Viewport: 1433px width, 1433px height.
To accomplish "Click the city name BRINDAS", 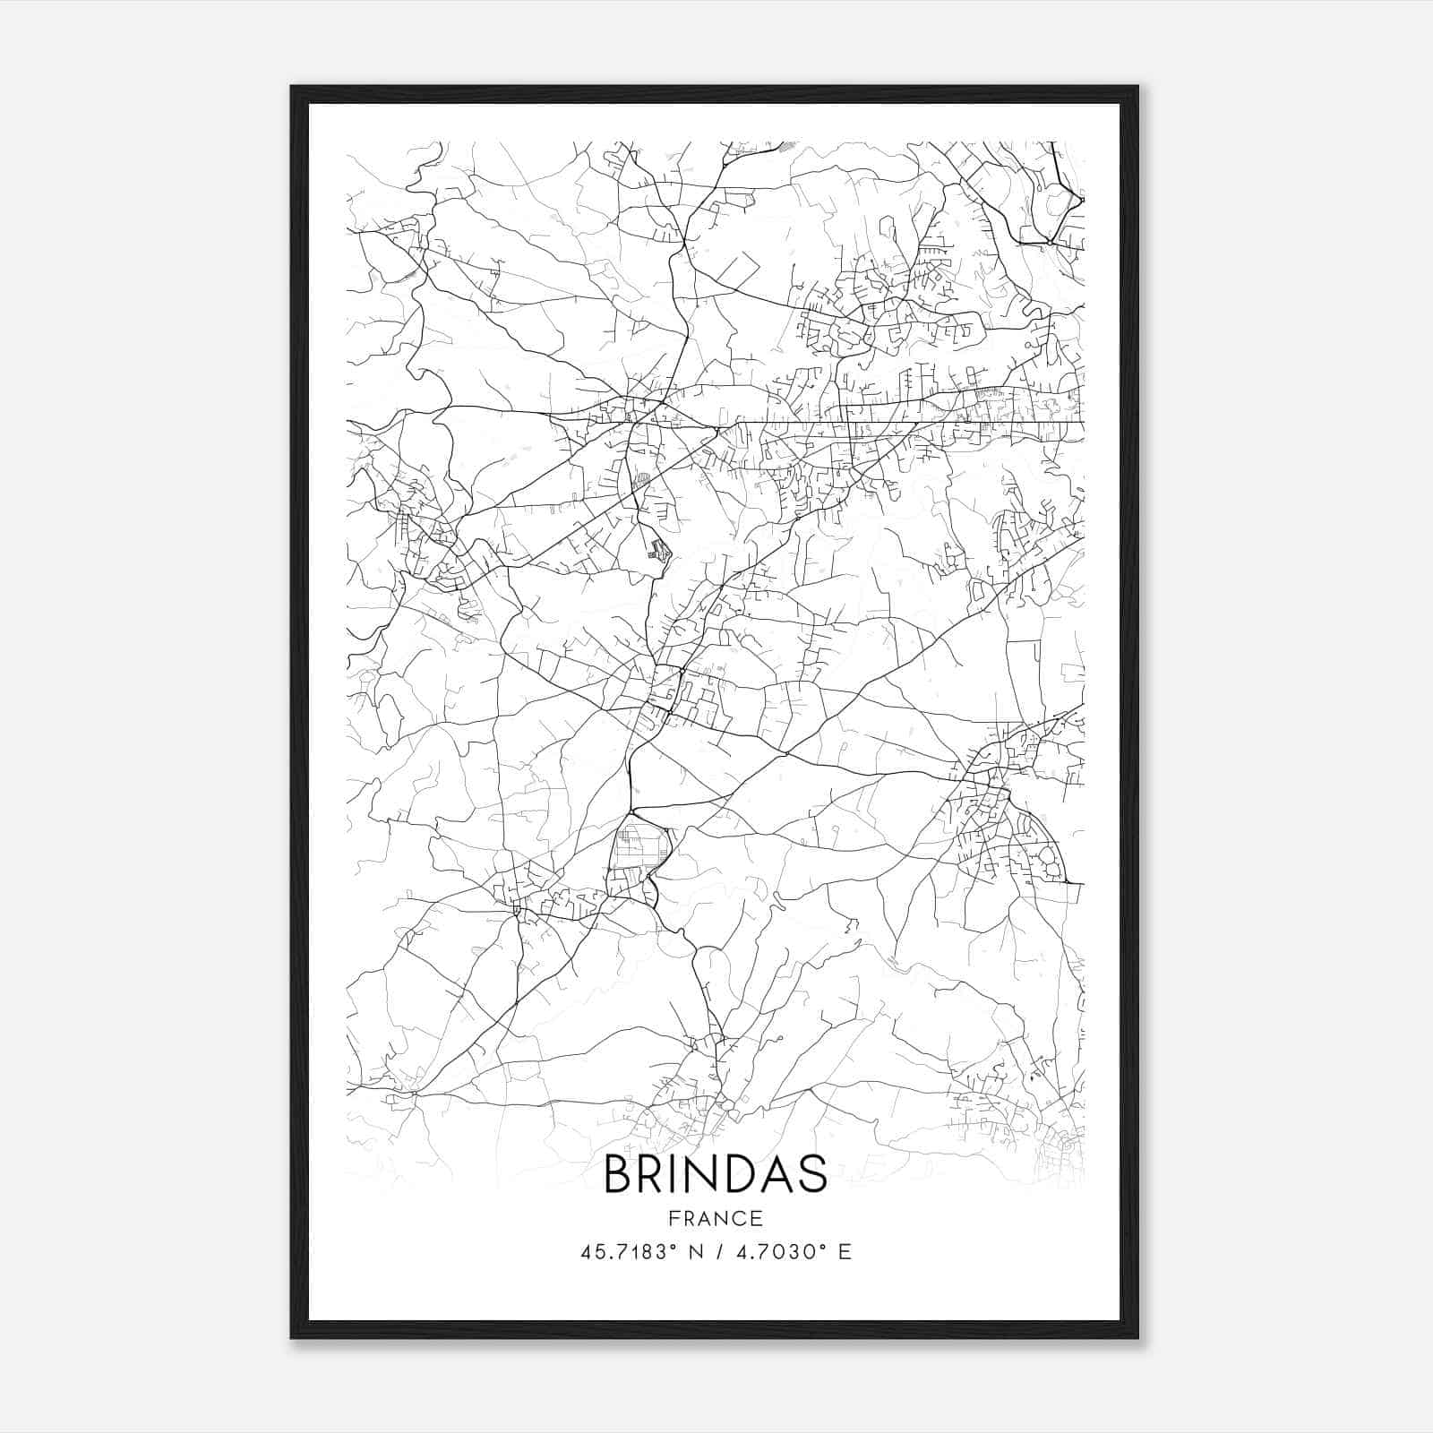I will (x=716, y=1174).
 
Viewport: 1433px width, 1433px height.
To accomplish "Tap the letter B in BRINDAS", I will (x=619, y=1174).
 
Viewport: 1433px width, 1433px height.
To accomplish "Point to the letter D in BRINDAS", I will (x=734, y=1174).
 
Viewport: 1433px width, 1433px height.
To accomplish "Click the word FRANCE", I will (x=716, y=1218).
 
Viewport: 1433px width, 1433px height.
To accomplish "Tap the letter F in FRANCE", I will (x=674, y=1218).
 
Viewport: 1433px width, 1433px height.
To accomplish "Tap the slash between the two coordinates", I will (x=716, y=1252).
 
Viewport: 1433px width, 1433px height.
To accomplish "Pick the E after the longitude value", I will (x=845, y=1252).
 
